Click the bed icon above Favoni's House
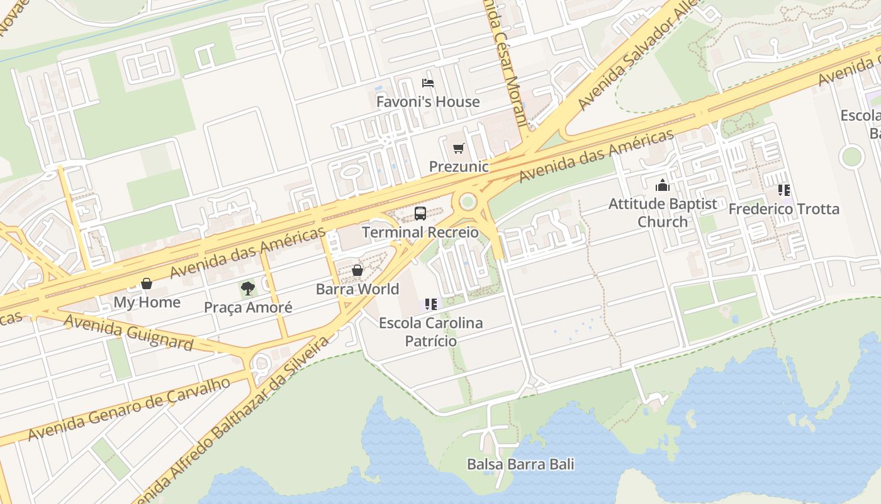[x=428, y=83]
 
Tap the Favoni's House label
[x=428, y=101]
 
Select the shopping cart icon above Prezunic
[x=459, y=149]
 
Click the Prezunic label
[x=459, y=166]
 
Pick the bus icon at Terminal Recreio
[x=420, y=214]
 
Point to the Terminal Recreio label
[x=420, y=232]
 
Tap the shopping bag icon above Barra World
[x=357, y=270]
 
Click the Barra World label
[x=357, y=289]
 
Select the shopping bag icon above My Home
[x=147, y=283]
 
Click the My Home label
[x=147, y=302]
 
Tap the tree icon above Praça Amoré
[x=248, y=289]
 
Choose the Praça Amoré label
[x=248, y=307]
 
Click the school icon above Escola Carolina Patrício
[x=431, y=305]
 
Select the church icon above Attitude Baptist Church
[x=663, y=186]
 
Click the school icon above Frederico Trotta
[x=784, y=190]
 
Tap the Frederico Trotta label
[x=784, y=209]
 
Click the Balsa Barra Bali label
[x=520, y=464]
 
